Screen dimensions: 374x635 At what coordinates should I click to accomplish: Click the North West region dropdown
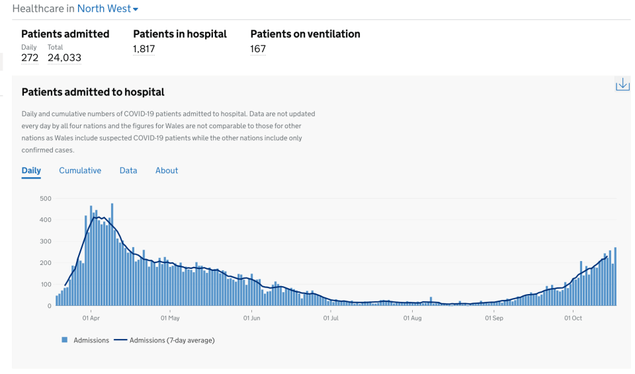click(108, 9)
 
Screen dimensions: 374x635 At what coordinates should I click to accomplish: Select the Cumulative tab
click(80, 170)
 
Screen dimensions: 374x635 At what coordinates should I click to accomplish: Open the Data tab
click(128, 170)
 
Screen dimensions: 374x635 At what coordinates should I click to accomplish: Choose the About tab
click(167, 170)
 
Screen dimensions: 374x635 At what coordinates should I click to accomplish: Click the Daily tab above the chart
click(31, 170)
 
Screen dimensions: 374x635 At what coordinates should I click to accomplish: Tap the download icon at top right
click(622, 85)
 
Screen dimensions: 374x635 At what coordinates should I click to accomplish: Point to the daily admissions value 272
click(30, 58)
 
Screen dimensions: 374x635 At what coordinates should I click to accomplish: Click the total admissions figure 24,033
click(64, 58)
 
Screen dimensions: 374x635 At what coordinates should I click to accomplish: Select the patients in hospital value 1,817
click(144, 49)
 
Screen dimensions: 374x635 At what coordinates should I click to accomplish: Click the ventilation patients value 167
click(258, 49)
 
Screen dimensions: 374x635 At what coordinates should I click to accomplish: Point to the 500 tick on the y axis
click(46, 198)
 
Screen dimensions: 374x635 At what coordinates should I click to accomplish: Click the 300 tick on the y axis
click(46, 241)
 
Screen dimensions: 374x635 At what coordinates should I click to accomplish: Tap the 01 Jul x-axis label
click(331, 318)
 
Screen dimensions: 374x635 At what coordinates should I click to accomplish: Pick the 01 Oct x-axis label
click(573, 318)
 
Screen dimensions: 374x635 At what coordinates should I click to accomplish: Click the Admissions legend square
click(64, 340)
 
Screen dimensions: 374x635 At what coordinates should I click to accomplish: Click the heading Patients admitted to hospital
click(93, 93)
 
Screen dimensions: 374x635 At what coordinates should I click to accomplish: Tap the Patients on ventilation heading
click(305, 34)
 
